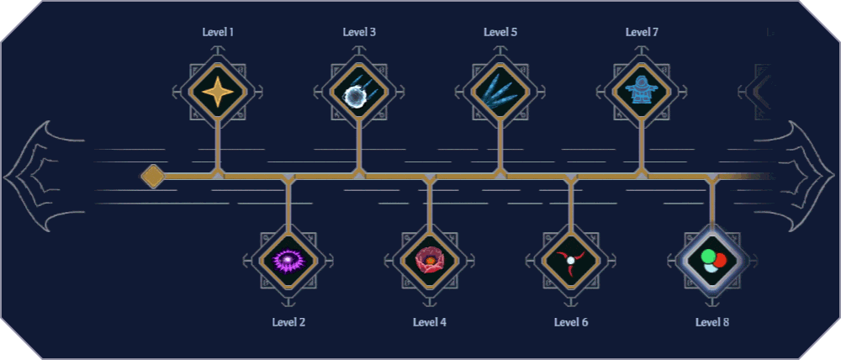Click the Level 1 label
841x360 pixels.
pos(218,32)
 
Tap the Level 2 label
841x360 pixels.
pos(288,321)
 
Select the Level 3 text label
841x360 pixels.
pos(359,32)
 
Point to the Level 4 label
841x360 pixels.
pos(430,321)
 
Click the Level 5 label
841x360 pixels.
pos(500,32)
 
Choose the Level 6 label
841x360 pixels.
pos(571,321)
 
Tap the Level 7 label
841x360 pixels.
pos(642,32)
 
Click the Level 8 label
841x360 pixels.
pos(712,321)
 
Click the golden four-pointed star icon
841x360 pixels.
pos(218,91)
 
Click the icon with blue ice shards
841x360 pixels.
pos(500,91)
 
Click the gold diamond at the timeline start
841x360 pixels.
pos(153,176)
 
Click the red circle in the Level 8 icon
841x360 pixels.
pos(719,261)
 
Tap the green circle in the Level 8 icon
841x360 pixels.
pos(708,255)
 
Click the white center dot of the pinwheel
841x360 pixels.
pos(571,261)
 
